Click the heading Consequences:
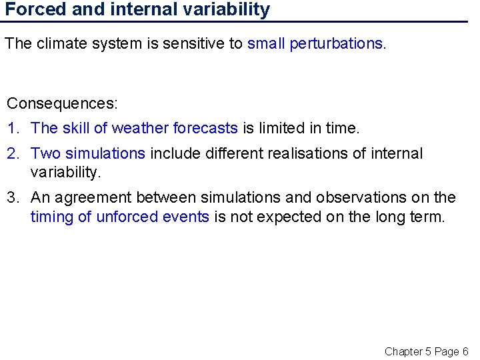[x=62, y=104]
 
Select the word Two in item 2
[x=45, y=154]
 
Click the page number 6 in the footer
[x=465, y=351]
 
